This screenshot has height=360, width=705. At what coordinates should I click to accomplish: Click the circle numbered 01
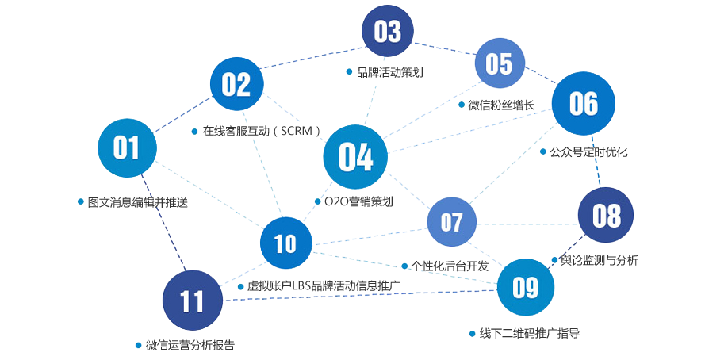(x=127, y=148)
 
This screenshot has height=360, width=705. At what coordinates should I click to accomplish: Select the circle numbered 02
(x=236, y=84)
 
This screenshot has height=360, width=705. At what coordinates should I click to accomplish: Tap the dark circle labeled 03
(x=388, y=32)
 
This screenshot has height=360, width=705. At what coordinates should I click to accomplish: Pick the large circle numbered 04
(x=355, y=157)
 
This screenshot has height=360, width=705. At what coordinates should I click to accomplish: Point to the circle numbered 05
(x=500, y=63)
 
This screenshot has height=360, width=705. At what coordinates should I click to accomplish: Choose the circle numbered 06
(x=583, y=104)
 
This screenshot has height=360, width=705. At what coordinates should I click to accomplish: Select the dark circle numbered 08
(x=606, y=215)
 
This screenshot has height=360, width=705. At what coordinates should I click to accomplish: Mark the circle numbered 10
(x=285, y=243)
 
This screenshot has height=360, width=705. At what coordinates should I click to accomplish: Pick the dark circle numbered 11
(x=192, y=301)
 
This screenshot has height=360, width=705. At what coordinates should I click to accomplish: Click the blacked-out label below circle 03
(x=389, y=72)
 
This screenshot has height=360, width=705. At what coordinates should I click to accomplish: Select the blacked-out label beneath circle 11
(x=190, y=345)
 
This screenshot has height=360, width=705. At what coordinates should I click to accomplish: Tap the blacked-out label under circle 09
(x=529, y=333)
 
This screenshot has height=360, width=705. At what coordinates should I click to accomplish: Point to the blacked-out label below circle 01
(x=137, y=202)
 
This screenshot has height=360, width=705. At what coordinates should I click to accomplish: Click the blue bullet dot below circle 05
(x=462, y=105)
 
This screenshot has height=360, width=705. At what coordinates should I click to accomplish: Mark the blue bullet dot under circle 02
(x=194, y=131)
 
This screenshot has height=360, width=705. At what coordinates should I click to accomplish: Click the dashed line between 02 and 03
(x=312, y=56)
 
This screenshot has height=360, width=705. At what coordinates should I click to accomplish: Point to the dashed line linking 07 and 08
(x=527, y=224)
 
